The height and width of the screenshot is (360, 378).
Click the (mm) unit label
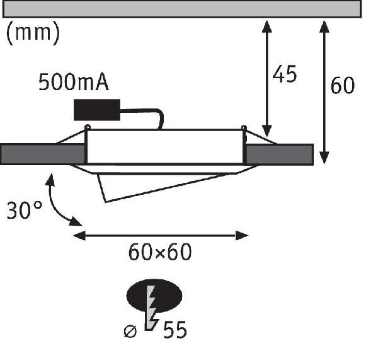33,33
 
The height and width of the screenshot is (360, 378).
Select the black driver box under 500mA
97,110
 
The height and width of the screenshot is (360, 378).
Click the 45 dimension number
284,74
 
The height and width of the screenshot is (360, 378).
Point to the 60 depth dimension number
343,86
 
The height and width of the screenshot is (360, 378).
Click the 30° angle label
25,210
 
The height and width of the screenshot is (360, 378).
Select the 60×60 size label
160,252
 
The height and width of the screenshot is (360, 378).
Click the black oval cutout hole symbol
154,295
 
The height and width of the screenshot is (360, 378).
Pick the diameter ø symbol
130,330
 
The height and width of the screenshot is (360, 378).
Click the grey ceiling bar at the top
183,9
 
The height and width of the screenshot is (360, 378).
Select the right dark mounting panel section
278,154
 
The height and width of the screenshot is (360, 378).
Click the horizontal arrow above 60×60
161,236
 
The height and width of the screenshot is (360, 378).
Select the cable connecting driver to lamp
149,115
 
